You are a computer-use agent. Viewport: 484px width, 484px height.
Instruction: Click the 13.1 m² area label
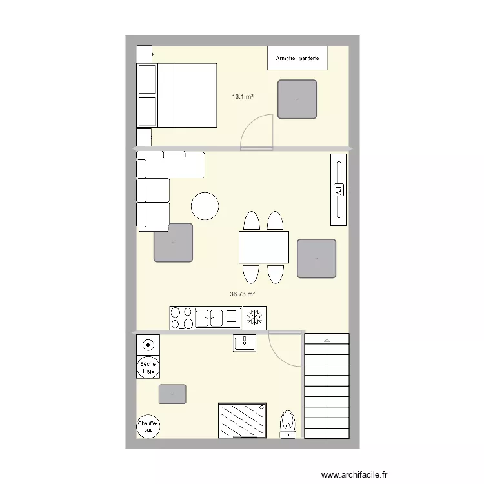(x=243, y=97)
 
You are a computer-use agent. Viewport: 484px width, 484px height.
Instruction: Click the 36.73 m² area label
(x=243, y=294)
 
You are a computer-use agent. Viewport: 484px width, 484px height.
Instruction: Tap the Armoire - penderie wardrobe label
(x=297, y=58)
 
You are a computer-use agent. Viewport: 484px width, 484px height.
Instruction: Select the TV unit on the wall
(x=338, y=190)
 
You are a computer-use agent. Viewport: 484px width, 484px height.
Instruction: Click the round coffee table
(x=205, y=207)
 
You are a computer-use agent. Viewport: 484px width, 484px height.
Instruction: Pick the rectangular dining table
(x=263, y=247)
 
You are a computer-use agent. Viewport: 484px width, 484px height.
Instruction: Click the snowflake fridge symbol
(x=255, y=318)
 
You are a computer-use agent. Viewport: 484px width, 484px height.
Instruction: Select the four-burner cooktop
(x=181, y=318)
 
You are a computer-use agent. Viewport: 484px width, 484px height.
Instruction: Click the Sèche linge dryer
(x=148, y=367)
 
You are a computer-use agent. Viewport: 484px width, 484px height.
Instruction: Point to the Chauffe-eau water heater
(x=148, y=426)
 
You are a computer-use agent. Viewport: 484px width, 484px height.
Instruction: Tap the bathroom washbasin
(x=245, y=343)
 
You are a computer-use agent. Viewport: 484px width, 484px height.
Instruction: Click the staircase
(x=327, y=386)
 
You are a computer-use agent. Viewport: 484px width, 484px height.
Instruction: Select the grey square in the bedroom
(x=297, y=99)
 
